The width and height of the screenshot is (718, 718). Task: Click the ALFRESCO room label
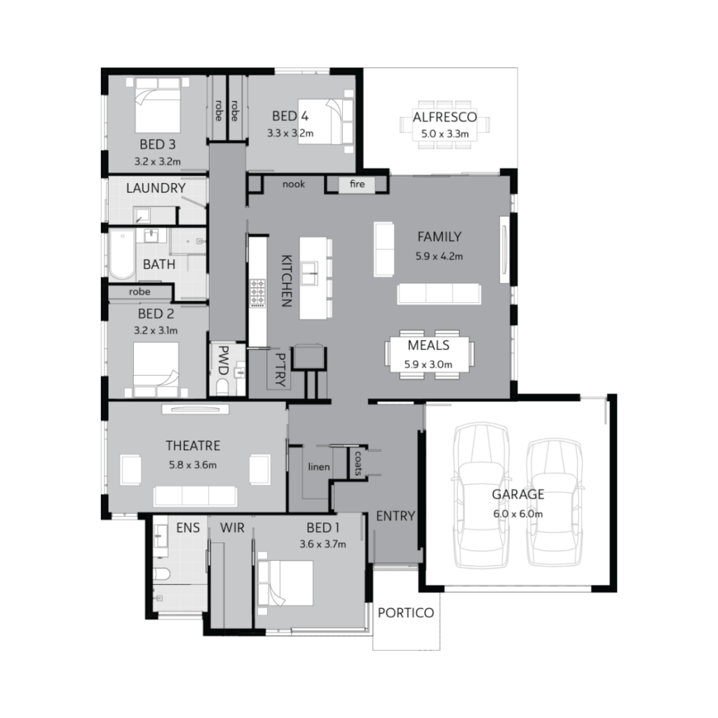[x=445, y=117]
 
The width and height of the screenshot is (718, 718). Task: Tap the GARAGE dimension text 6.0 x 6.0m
[x=517, y=513]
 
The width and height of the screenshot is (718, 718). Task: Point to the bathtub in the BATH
[x=121, y=252]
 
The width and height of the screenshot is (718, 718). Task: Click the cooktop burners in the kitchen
[x=258, y=294]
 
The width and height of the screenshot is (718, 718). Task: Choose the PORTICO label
[x=405, y=613]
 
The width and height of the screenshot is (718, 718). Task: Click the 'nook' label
[x=292, y=185]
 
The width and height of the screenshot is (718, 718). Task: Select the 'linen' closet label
[x=319, y=466]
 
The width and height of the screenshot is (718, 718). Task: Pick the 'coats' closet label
[x=358, y=462]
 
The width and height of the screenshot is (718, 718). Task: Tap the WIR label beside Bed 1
[x=231, y=528]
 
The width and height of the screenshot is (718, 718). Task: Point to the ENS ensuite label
[x=188, y=528]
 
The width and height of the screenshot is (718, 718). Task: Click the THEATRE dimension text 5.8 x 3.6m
[x=192, y=464]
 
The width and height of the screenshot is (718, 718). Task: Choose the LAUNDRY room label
[x=156, y=188]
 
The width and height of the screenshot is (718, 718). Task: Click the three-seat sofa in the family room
[x=439, y=293]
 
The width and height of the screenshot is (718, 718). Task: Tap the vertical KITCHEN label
[x=286, y=280]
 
